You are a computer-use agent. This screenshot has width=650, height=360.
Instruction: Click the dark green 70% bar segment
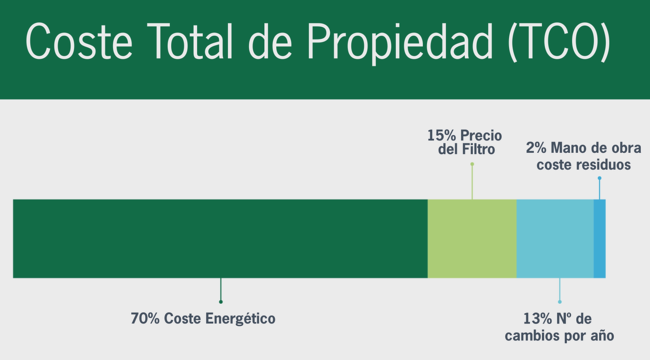coord(220,238)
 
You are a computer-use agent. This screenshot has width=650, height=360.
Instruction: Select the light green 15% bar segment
coord(472,238)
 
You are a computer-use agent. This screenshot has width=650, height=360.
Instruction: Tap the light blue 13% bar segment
coord(555,238)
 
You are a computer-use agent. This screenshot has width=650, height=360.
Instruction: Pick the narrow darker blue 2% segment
coord(599,238)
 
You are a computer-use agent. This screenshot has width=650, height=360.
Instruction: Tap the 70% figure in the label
coord(145,318)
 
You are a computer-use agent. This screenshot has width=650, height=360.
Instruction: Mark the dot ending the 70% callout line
coord(220,302)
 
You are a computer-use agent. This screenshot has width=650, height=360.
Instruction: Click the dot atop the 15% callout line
coord(472,164)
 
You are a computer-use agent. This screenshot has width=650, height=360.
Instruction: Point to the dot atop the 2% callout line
coord(599,178)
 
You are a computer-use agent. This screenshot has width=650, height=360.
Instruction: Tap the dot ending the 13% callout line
coord(560,302)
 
